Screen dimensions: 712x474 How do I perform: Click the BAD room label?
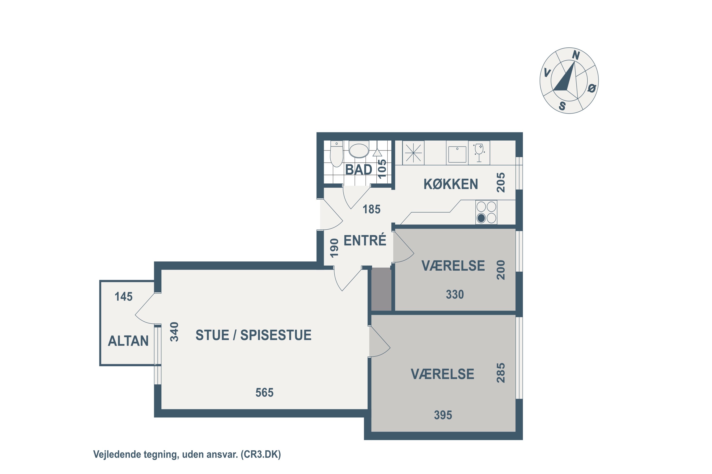[358, 170]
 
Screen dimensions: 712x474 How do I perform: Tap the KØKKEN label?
[450, 184]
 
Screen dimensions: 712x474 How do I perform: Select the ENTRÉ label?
[365, 240]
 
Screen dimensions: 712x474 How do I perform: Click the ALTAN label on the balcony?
[128, 341]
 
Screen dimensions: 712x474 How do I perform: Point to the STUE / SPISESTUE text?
[253, 335]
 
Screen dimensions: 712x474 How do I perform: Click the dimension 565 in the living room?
[264, 392]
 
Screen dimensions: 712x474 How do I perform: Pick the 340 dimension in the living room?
[174, 332]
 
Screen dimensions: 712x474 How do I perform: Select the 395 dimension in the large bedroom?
[443, 415]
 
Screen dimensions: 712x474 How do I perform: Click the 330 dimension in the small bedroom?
[455, 294]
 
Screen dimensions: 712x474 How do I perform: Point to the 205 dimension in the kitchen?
[501, 182]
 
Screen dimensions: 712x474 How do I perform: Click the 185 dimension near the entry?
[371, 209]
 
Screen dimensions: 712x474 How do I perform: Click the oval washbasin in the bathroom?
[359, 150]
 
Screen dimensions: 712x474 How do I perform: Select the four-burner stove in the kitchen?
[486, 212]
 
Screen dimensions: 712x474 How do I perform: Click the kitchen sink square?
[457, 154]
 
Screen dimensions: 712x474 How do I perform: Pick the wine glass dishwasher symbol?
[479, 153]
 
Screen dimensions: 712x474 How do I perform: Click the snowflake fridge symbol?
[413, 153]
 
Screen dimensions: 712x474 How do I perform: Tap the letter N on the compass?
[576, 55]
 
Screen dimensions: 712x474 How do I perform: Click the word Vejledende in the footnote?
[117, 454]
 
